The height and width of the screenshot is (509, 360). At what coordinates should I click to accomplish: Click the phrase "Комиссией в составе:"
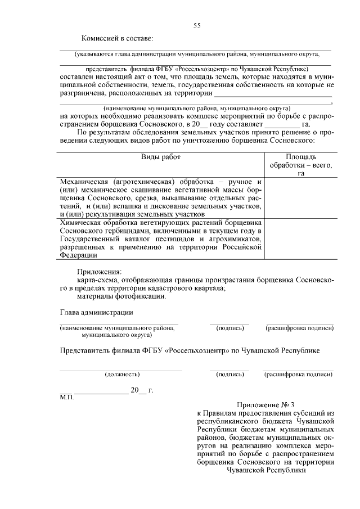pos(117,38)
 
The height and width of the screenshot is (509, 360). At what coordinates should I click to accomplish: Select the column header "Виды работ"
pos(161,157)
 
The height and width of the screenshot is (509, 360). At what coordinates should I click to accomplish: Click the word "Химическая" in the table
pos(82,223)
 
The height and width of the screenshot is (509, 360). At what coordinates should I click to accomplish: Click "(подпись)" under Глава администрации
pos(229,328)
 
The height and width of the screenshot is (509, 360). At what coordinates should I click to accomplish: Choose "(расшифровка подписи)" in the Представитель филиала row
pos(298,373)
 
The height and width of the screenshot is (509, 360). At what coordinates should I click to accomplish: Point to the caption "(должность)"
pos(122,373)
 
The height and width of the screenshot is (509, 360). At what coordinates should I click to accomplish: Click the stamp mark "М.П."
pos(66,397)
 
